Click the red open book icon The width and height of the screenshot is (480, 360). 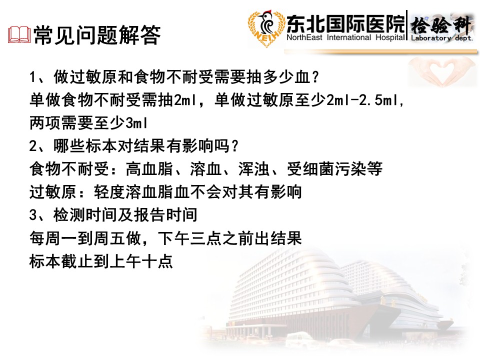(19, 34)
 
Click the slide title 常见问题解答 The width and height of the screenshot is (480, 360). (97, 35)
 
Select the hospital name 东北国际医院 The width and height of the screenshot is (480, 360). (345, 23)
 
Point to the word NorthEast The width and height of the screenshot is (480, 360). (304, 37)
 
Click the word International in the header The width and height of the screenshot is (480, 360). (349, 37)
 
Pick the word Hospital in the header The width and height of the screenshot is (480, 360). (390, 38)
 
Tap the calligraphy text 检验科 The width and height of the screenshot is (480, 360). (441, 25)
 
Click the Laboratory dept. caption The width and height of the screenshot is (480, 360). (441, 38)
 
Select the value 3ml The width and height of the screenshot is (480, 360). (136, 123)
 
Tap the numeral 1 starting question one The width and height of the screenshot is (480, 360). (33, 77)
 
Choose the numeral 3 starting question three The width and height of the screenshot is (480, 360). (33, 215)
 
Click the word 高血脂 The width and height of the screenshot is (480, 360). (149, 169)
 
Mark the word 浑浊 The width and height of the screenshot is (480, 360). (254, 169)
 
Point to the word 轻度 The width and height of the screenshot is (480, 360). (109, 192)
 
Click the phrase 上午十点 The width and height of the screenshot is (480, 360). (141, 261)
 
